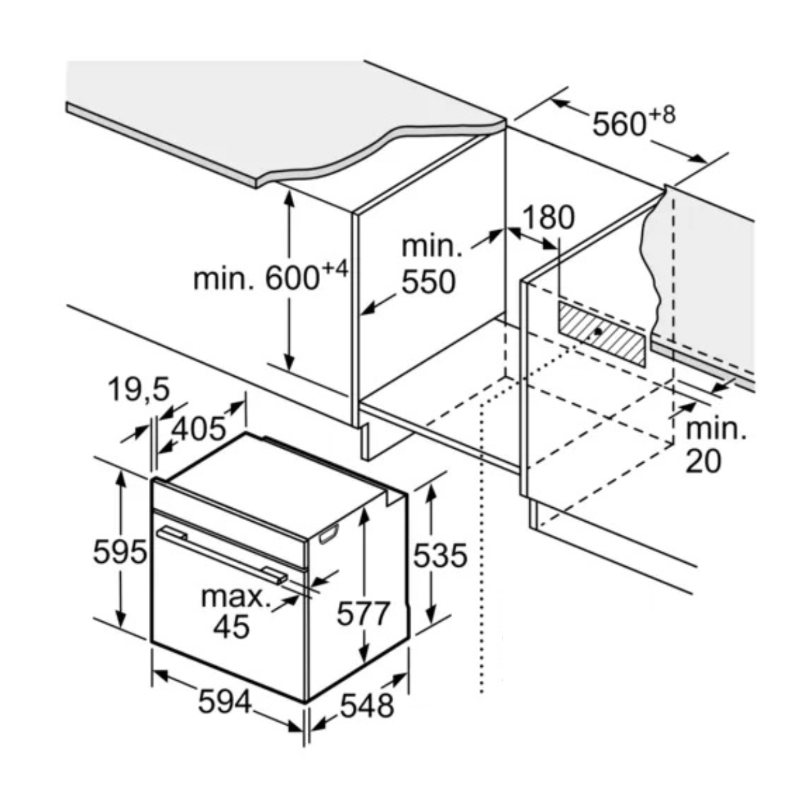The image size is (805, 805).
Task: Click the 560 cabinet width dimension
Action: click(618, 125)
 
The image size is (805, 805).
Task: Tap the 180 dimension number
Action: click(548, 218)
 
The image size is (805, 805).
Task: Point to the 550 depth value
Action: click(428, 282)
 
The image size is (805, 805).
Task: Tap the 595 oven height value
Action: click(119, 552)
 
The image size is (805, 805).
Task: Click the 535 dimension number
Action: click(439, 555)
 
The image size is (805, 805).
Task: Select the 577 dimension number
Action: click(363, 613)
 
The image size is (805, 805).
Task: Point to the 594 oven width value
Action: click(225, 702)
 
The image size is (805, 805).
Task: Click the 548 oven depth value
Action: click(366, 705)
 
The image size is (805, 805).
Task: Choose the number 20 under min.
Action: click(703, 461)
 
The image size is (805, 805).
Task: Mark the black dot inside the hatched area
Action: click(598, 331)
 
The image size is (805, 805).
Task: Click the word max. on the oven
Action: click(235, 596)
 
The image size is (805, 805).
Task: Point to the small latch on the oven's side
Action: click(328, 535)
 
